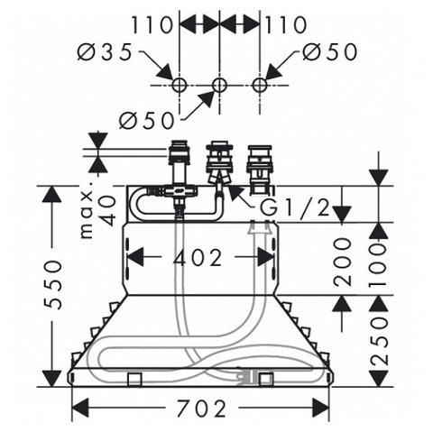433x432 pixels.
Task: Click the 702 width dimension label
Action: (200, 409)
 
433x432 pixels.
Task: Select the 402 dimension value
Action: (198, 257)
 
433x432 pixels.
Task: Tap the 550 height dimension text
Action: (54, 285)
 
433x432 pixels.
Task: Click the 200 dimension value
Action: (343, 261)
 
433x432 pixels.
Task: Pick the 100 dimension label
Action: (378, 261)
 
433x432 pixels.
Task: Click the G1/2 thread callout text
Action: (295, 207)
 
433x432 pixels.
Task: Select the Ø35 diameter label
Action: (105, 51)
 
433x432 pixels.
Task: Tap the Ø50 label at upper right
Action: (329, 51)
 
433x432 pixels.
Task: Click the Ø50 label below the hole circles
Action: (146, 120)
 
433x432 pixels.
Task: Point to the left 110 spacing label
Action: (152, 24)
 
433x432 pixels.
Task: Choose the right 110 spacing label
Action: (286, 24)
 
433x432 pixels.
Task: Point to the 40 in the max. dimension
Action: (106, 210)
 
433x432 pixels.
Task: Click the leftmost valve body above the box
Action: (180, 162)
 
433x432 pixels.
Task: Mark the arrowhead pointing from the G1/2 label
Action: (234, 192)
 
